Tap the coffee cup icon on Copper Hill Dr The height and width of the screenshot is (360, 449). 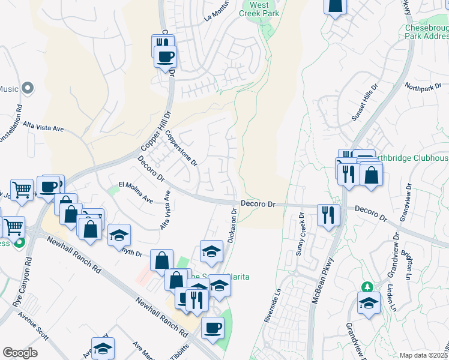click(x=165, y=56)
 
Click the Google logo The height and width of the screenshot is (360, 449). click(x=20, y=353)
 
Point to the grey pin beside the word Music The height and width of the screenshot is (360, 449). click(x=27, y=89)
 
